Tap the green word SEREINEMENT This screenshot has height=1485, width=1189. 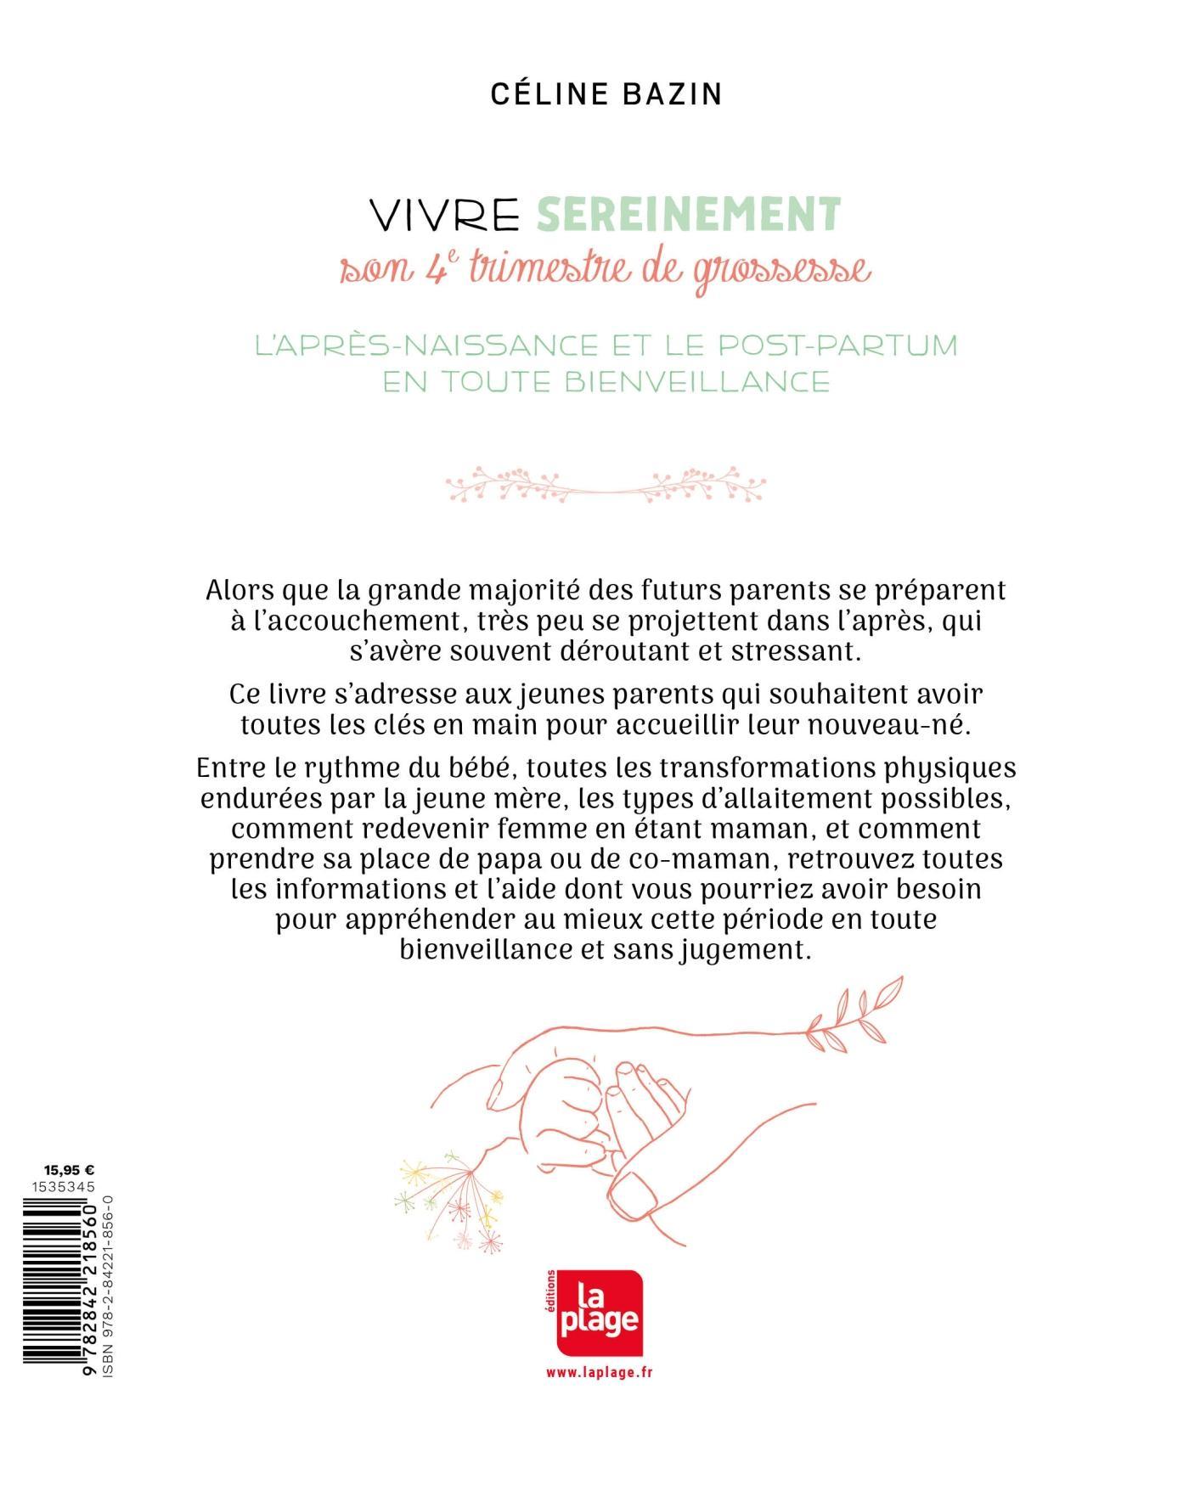pyautogui.click(x=688, y=214)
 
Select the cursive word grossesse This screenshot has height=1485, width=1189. pyautogui.click(x=782, y=273)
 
